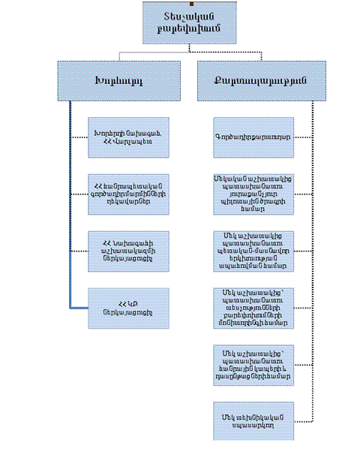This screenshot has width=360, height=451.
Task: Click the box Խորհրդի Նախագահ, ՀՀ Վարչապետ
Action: [122, 137]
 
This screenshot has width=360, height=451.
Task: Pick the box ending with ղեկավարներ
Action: [122, 193]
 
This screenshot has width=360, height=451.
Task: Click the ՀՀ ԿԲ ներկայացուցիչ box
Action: [122, 307]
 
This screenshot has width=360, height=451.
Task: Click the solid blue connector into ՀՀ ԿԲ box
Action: [79, 307]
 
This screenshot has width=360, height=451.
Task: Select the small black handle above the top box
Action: [190, 2]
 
